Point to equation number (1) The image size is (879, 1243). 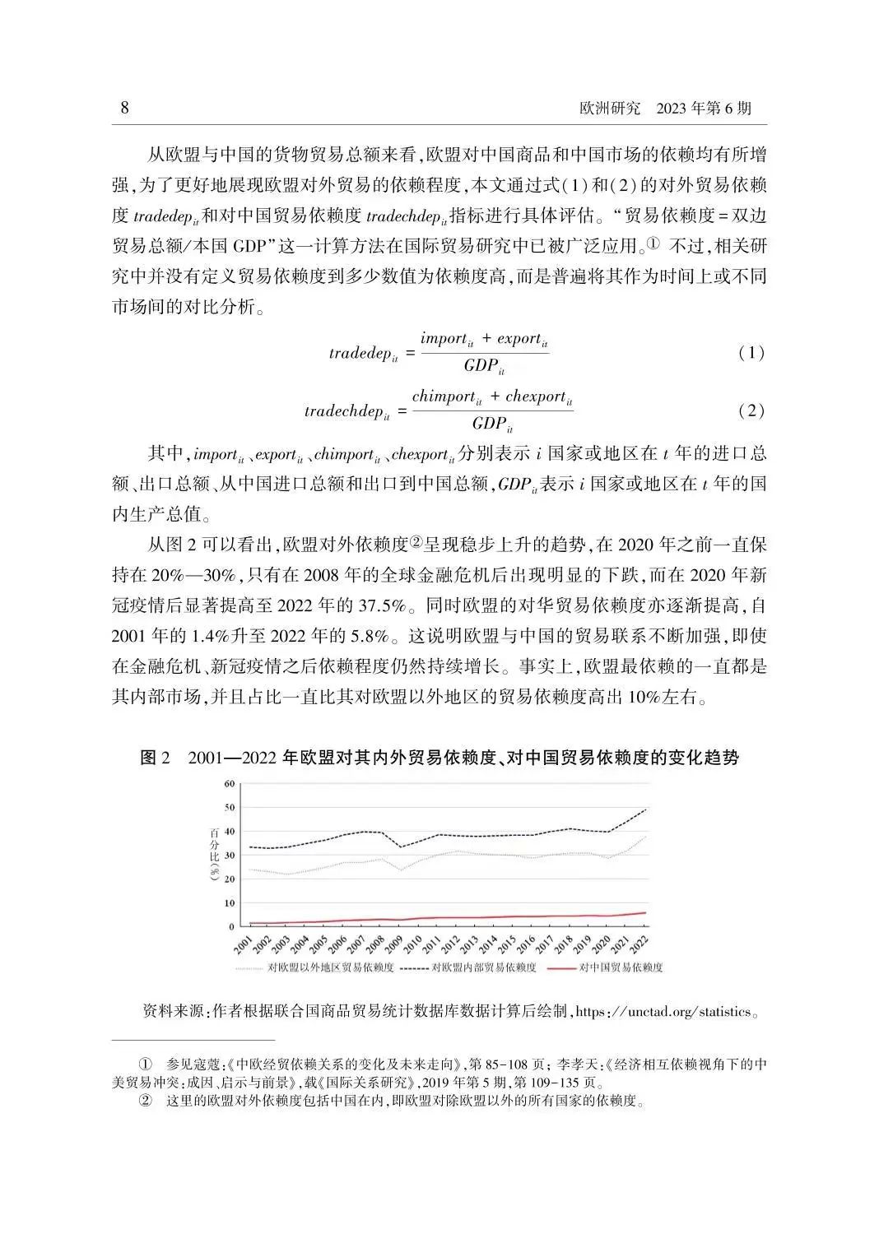(751, 354)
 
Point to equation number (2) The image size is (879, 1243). (751, 410)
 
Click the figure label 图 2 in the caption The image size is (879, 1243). (155, 758)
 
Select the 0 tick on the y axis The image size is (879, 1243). (231, 926)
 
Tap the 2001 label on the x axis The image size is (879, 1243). (243, 943)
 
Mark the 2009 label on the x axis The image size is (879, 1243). (393, 943)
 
